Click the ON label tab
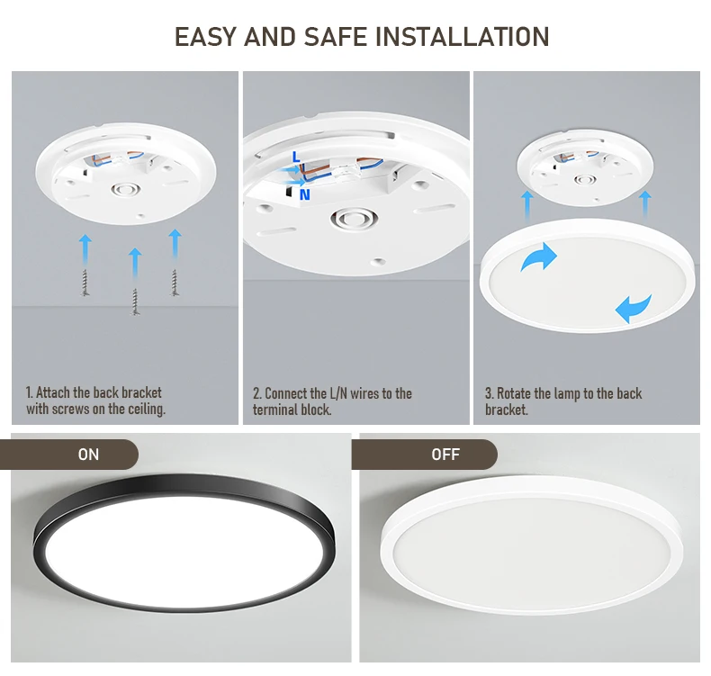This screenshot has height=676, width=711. pyautogui.click(x=88, y=455)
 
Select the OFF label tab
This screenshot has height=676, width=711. pyautogui.click(x=445, y=455)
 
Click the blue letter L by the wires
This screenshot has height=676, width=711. pyautogui.click(x=296, y=158)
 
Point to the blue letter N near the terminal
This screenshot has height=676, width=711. pyautogui.click(x=305, y=194)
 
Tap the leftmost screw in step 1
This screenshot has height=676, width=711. pyautogui.click(x=86, y=282)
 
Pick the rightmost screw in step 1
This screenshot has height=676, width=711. pyautogui.click(x=175, y=282)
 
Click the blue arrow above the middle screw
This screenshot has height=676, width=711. pyautogui.click(x=135, y=262)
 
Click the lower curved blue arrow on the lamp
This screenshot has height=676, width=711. pyautogui.click(x=634, y=308)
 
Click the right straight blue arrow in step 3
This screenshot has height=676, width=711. pyautogui.click(x=644, y=202)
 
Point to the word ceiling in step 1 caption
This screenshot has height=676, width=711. pyautogui.click(x=145, y=410)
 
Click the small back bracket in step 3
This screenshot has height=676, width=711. pyautogui.click(x=585, y=169)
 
